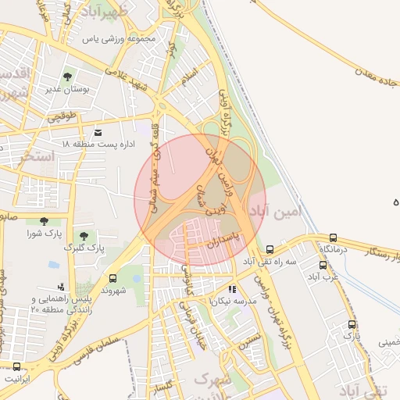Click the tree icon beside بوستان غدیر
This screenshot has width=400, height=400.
[x=67, y=77]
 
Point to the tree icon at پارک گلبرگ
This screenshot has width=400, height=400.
[x=83, y=235]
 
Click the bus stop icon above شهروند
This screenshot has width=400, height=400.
[x=114, y=278]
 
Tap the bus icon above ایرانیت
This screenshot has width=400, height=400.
[x=17, y=366]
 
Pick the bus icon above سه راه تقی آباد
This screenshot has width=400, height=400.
[x=270, y=248]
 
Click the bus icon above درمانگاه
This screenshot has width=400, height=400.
[x=334, y=237]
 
